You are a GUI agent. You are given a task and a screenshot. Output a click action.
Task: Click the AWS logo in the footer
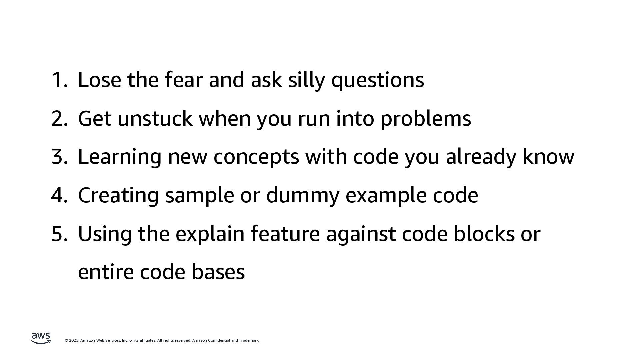41,338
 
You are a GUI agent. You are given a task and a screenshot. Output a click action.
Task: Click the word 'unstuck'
155,118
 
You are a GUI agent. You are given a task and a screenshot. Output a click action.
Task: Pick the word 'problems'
426,119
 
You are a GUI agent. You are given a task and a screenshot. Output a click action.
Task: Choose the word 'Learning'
119,157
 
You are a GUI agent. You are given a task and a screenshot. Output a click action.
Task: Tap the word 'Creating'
118,195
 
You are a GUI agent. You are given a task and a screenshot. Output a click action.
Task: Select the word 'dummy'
302,195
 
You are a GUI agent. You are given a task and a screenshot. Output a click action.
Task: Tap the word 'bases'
218,272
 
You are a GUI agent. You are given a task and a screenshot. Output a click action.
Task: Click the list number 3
59,157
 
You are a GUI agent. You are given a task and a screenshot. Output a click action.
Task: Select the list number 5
59,234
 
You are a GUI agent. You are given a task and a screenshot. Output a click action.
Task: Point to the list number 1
59,80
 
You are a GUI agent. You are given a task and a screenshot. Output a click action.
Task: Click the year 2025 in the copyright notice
74,340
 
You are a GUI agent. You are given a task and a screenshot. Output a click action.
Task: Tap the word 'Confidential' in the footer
219,340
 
